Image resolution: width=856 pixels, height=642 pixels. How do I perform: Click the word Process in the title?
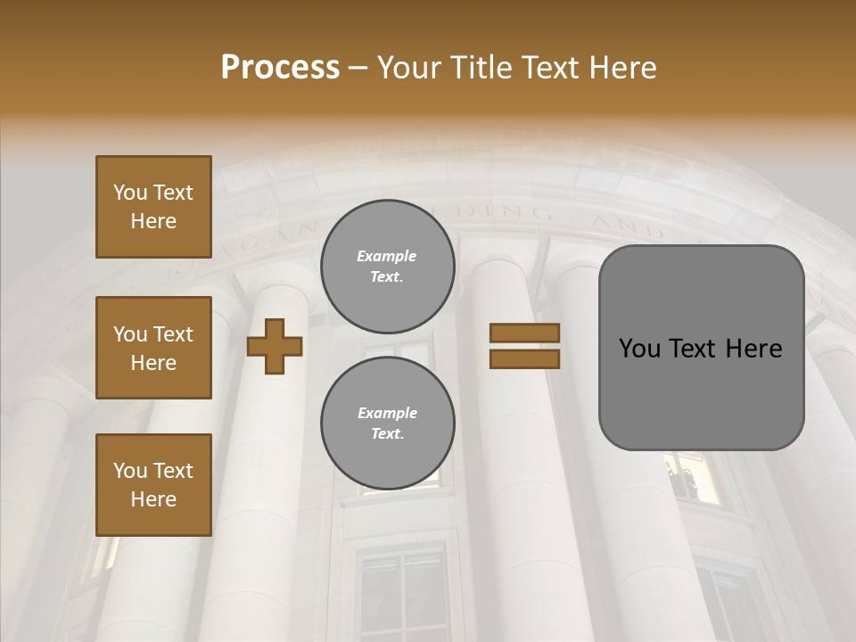280,68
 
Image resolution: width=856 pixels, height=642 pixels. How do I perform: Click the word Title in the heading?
482,68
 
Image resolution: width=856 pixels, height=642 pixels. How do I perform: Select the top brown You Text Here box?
153,207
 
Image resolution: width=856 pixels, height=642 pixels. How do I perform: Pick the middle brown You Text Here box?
153,348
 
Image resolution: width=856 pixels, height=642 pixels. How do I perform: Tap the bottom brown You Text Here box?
153,485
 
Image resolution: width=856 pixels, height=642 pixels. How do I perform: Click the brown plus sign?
275,345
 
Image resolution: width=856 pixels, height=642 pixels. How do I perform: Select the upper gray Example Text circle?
387,266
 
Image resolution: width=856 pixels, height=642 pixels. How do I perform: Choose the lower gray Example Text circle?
387,423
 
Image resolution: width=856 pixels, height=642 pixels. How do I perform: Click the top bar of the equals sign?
524,333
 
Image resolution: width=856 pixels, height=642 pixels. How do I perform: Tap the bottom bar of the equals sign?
524,358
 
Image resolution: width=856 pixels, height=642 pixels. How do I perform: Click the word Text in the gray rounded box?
702,349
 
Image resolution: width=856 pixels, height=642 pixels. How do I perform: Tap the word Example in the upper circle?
387,256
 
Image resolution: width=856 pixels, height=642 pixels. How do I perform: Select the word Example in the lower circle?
387,413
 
